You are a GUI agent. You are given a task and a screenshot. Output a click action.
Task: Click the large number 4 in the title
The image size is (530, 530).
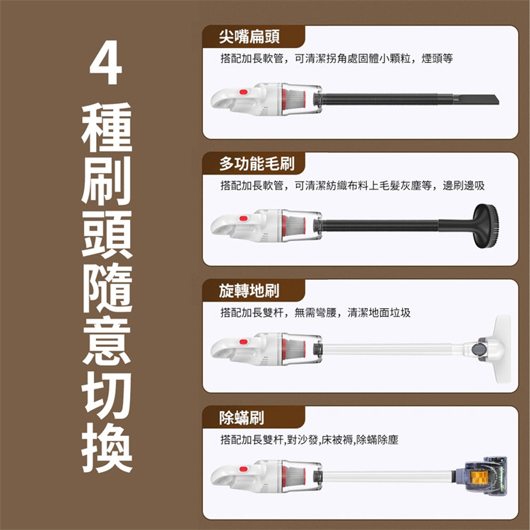105,62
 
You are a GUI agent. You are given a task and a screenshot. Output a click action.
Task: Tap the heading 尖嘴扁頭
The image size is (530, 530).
249,37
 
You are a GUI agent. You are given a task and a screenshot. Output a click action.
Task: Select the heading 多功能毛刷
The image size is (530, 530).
257,164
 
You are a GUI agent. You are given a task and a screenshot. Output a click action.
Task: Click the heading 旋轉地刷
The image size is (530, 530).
249,290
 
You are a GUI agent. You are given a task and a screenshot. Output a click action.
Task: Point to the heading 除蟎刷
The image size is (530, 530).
242,418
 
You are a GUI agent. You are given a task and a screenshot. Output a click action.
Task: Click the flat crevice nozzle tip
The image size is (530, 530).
476,100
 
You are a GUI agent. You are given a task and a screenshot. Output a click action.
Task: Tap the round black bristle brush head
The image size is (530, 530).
485,226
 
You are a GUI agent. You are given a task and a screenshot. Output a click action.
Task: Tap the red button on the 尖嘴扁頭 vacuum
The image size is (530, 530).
243,92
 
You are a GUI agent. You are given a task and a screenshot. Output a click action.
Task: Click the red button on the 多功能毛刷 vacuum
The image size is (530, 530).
243,218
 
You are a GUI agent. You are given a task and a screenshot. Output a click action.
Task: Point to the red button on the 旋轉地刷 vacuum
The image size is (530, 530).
243,342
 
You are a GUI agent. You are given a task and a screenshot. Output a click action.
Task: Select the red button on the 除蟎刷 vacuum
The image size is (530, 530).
243,469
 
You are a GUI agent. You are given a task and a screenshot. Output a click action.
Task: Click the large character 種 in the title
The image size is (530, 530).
107,127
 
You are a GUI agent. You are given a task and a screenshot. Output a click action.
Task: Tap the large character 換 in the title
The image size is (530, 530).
107,447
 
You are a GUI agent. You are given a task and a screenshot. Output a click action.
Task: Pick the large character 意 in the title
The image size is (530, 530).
107,341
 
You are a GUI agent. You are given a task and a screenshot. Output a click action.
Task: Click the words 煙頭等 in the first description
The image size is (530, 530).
437,59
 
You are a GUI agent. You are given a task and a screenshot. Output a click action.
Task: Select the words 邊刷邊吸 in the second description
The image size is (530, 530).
464,186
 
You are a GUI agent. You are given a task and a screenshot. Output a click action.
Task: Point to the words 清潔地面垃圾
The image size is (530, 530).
379,312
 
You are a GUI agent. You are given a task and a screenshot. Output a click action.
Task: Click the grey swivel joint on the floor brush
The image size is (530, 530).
477,349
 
